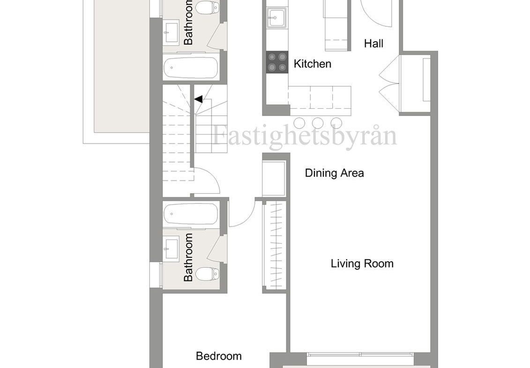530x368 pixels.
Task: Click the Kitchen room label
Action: tap(312, 64)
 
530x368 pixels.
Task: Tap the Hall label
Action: tap(373, 43)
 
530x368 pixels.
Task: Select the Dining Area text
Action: tap(334, 173)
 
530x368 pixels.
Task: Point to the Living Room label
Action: tap(362, 263)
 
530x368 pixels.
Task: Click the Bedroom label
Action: tap(219, 356)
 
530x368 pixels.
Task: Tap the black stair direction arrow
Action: tap(198, 99)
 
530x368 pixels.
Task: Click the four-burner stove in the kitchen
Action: tap(277, 62)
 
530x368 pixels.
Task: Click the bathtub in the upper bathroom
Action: tap(191, 68)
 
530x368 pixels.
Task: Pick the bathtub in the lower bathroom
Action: tap(191, 214)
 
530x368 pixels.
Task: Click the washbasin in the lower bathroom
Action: tap(171, 250)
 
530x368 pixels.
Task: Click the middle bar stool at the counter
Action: tap(317, 122)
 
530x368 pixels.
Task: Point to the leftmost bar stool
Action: tap(299, 122)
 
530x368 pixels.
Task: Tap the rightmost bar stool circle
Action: tap(336, 122)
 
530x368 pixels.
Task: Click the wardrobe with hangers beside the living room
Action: tap(274, 245)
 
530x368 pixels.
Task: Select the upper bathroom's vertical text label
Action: tap(188, 23)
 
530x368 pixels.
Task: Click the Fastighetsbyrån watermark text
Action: tap(305, 135)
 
